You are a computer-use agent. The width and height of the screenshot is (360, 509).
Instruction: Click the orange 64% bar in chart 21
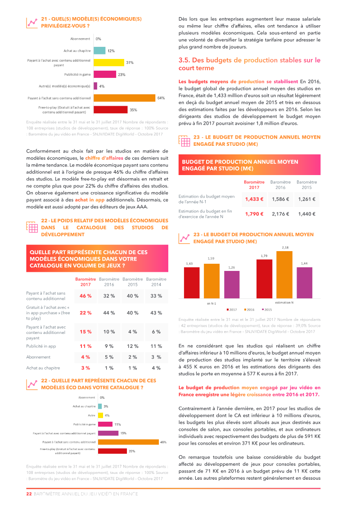coord(124,98)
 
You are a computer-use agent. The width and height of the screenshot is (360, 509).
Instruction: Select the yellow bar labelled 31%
coord(108,63)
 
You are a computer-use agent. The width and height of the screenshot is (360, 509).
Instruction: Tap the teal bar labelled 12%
coord(99,50)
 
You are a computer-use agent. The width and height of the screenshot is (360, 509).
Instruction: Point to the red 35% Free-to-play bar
coord(110,109)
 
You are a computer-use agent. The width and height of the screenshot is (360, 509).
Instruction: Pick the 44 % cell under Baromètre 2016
coord(109,313)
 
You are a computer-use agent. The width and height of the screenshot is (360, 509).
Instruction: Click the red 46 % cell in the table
coord(85,296)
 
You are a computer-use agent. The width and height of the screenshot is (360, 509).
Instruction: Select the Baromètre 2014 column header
coord(156,282)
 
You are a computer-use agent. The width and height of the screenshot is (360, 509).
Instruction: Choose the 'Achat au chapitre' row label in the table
coord(43,368)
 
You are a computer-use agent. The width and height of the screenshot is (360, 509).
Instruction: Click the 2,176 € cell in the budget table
coord(281,214)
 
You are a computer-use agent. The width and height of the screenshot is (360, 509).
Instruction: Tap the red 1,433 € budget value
coord(254,199)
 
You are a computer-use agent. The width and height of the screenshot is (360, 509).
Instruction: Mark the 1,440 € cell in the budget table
coord(306,214)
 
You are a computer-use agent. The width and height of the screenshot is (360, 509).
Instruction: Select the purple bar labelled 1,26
coord(232,284)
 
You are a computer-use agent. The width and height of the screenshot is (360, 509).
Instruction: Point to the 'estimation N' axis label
coord(284,302)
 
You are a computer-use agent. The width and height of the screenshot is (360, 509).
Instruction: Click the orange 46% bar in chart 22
coord(128,442)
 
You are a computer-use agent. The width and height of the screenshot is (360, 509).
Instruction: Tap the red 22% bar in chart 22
coord(112,451)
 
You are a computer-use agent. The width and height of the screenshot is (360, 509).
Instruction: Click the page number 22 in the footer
coord(28,494)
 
